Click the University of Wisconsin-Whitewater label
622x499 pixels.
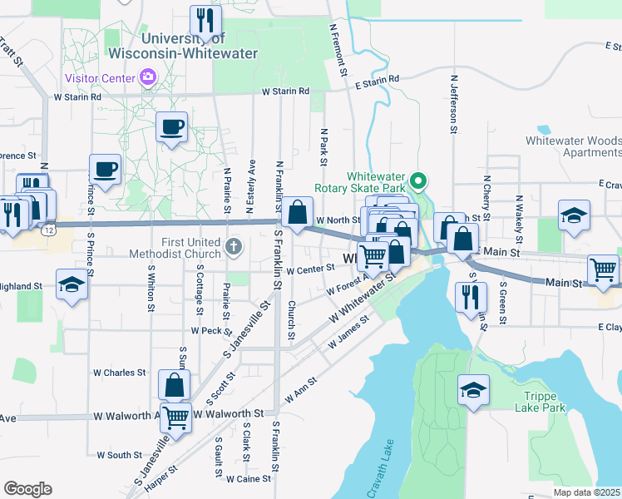pyautogui.click(x=199, y=46)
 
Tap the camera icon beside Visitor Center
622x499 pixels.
pyautogui.click(x=147, y=77)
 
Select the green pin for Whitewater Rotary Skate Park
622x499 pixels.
pyautogui.click(x=420, y=179)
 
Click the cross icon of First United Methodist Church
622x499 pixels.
pyautogui.click(x=234, y=246)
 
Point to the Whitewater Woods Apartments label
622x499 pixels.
pyautogui.click(x=573, y=147)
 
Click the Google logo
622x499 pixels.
pyautogui.click(x=27, y=489)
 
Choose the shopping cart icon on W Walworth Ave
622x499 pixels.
pyautogui.click(x=175, y=417)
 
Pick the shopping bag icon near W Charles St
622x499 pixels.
pyautogui.click(x=174, y=384)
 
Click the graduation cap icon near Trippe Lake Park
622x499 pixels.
pyautogui.click(x=473, y=389)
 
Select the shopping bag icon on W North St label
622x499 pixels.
pyautogui.click(x=297, y=211)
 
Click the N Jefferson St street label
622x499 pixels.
pyautogui.click(x=454, y=105)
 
